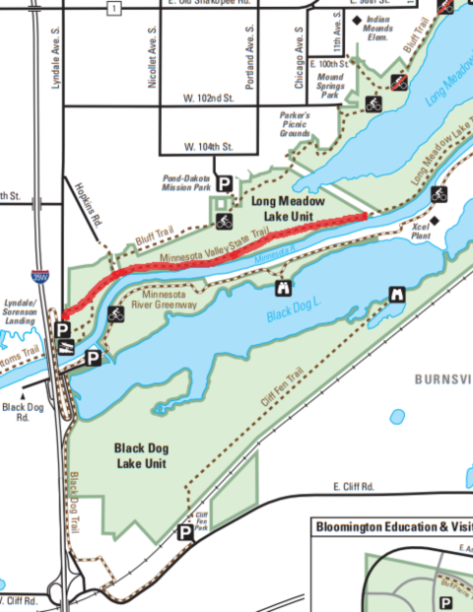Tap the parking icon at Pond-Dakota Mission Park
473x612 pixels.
pos(225,183)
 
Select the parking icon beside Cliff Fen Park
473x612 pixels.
pos(184,533)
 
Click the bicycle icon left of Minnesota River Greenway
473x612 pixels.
pos(115,315)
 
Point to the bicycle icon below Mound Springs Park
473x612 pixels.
pos(374,102)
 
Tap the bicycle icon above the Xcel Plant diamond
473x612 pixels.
pos(439,193)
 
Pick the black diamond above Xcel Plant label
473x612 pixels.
pos(434,221)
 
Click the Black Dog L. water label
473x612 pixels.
pos(294,315)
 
